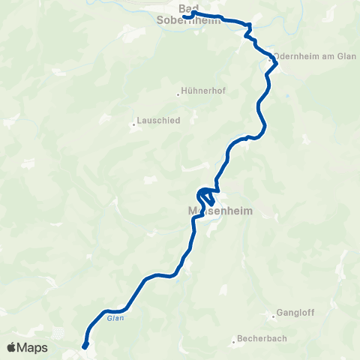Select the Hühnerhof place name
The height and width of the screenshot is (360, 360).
tap(204, 92)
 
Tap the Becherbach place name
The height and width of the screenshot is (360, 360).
tap(262, 339)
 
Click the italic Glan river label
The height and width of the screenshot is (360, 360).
tap(114, 318)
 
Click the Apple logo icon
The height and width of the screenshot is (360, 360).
tap(11, 347)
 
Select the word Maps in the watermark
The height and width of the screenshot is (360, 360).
tap(32, 347)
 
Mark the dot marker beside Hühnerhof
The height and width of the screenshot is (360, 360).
tap(178, 94)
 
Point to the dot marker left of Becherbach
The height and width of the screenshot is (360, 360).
tap(233, 339)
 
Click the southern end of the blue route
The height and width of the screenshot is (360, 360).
tap(84, 346)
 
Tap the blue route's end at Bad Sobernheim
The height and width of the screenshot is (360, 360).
tap(184, 16)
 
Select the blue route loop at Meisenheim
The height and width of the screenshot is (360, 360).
tap(205, 196)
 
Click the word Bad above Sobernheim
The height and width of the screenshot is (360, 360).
tap(189, 7)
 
